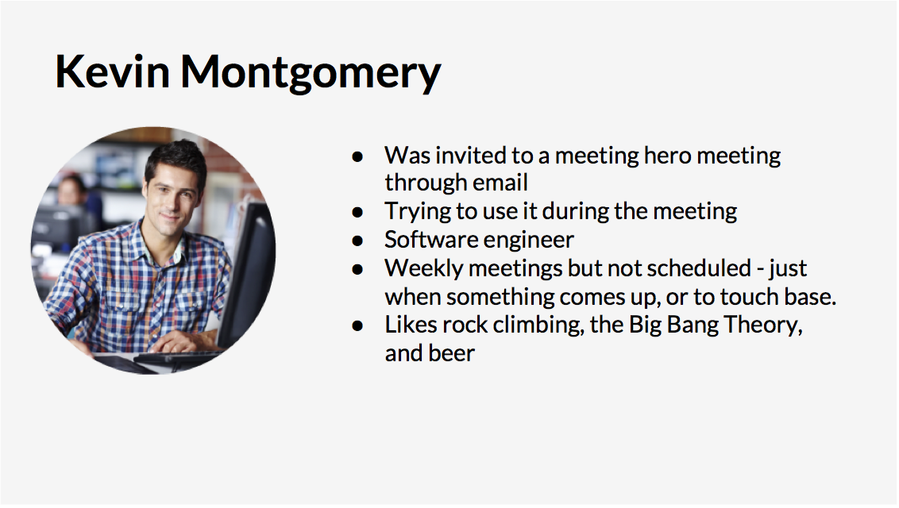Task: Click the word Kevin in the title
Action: tap(113, 71)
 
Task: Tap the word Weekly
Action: tap(424, 268)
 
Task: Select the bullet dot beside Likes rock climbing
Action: tap(357, 326)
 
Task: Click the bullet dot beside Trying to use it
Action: tap(357, 213)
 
